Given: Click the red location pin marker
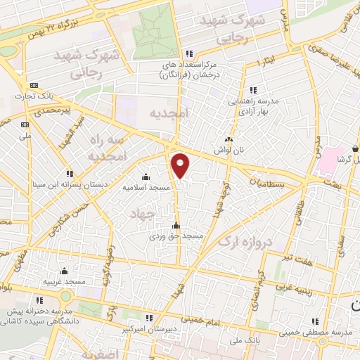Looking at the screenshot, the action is tap(181, 165).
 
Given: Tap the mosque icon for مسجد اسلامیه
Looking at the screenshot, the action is tap(146, 176).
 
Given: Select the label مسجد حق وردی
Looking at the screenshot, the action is tap(176, 236).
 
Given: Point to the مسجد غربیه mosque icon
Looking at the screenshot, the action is tap(64, 271).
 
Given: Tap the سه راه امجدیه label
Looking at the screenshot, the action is tap(109, 147).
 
